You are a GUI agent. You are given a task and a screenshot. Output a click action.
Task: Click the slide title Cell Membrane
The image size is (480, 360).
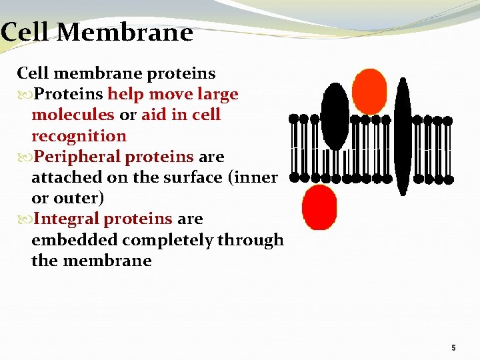point(97,32)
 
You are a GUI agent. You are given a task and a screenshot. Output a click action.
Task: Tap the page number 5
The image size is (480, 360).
point(453,347)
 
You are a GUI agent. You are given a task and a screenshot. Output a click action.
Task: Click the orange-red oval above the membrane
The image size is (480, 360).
point(369,91)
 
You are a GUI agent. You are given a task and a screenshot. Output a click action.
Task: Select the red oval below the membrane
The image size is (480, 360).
point(319,207)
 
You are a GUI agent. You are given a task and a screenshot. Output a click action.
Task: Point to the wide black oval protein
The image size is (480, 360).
point(335,116)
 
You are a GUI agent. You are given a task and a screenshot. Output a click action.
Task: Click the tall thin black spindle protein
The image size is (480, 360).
point(403,137)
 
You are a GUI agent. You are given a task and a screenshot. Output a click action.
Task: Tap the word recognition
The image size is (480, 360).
point(79,136)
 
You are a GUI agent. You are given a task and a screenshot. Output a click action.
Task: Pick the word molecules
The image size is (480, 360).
point(73,115)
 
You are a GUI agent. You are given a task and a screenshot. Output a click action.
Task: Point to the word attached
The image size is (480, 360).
point(63,177)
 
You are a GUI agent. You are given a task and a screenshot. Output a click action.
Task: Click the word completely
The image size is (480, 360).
point(159,240)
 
